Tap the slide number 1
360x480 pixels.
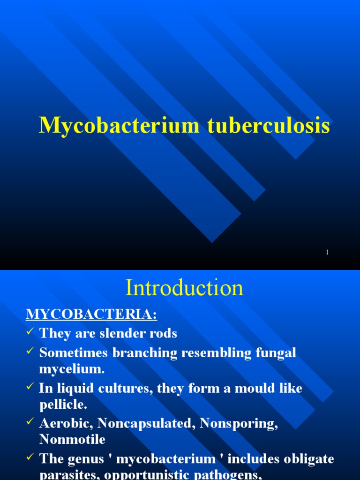pyautogui.click(x=327, y=252)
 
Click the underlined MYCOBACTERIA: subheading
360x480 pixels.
pyautogui.click(x=91, y=314)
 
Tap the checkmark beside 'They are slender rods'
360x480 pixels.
pyautogui.click(x=30, y=332)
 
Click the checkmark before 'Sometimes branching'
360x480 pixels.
pyautogui.click(x=30, y=351)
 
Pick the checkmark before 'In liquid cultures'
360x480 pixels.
pyautogui.click(x=30, y=387)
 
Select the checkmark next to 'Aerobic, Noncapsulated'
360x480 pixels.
pyautogui.click(x=30, y=422)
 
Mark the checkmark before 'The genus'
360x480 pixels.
pyautogui.click(x=30, y=458)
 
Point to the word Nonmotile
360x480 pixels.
pyautogui.click(x=72, y=439)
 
